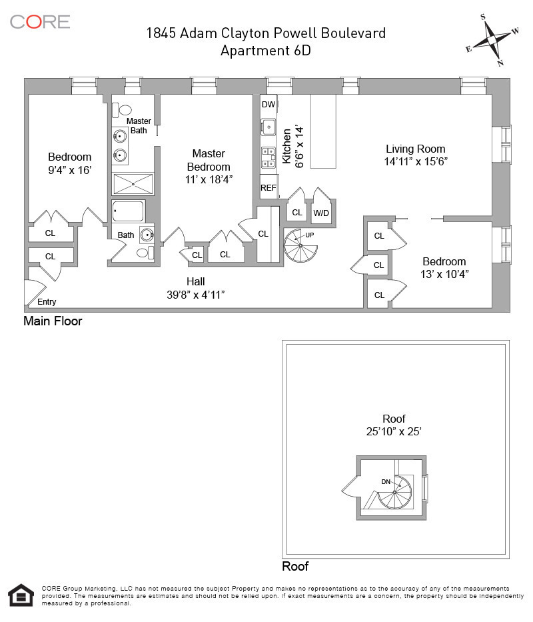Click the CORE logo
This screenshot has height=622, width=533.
click(40, 21)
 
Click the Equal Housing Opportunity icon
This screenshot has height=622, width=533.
click(20, 595)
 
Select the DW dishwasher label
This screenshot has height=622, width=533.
click(268, 105)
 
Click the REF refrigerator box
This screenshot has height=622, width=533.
click(268, 188)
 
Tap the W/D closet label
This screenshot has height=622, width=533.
click(321, 213)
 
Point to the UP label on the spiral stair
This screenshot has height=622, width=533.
click(309, 235)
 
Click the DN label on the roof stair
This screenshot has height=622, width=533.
click(386, 481)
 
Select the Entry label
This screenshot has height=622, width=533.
click(47, 302)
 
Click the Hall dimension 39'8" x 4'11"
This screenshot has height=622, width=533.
click(200, 294)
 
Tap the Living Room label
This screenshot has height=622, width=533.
click(415, 149)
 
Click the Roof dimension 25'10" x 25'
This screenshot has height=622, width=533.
click(394, 431)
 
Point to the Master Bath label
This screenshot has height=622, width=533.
click(139, 125)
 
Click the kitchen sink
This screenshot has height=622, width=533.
click(268, 126)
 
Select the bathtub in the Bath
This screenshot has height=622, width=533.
click(129, 211)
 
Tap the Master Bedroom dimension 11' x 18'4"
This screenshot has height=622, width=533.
click(209, 179)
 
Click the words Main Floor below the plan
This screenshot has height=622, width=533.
click(53, 321)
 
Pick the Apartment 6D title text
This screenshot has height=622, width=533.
click(266, 50)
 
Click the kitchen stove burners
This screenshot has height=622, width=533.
click(268, 157)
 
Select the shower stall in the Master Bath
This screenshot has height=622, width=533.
click(133, 183)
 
